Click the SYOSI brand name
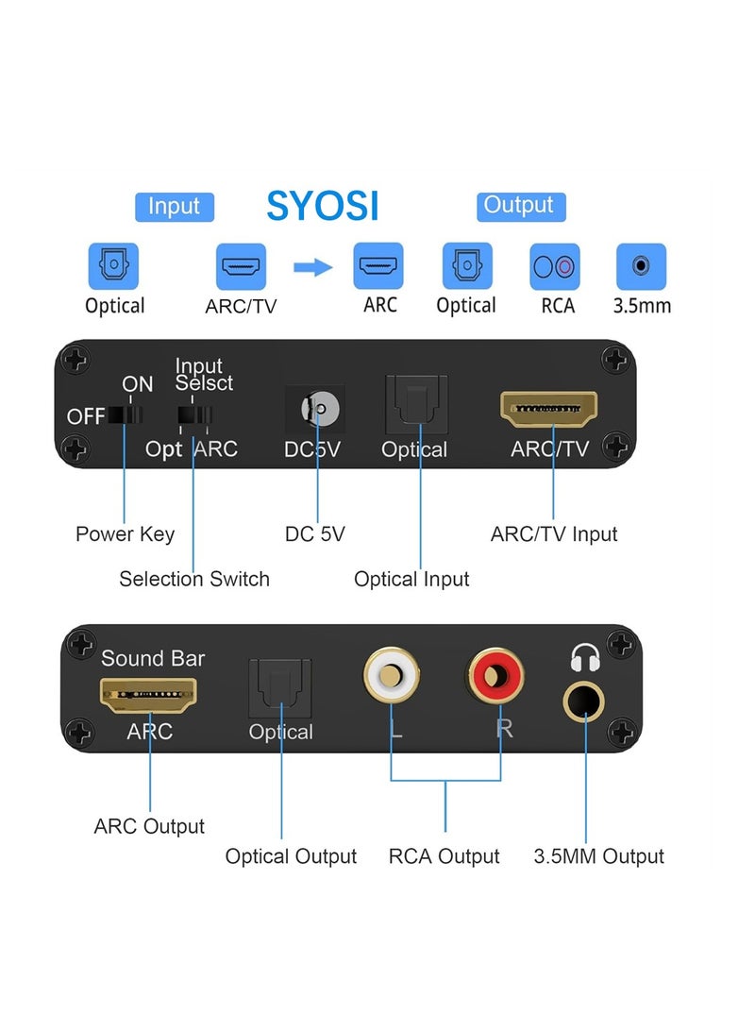coord(322,205)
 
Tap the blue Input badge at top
coord(175,207)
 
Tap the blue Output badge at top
coord(518,206)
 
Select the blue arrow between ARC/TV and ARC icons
coord(312,267)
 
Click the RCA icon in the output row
coord(555,266)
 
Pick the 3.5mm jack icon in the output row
coord(641,266)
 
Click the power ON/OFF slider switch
coord(125,415)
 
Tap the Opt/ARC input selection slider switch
coord(194,416)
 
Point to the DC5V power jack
coord(316,409)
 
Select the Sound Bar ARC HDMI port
coord(150,696)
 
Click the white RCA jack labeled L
coord(391,676)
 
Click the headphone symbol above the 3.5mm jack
coord(585,656)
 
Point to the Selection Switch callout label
coord(193,579)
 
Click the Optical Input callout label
coord(411,579)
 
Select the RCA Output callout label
coord(444,856)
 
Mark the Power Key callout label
coord(125,534)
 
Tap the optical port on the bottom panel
coord(279,685)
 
